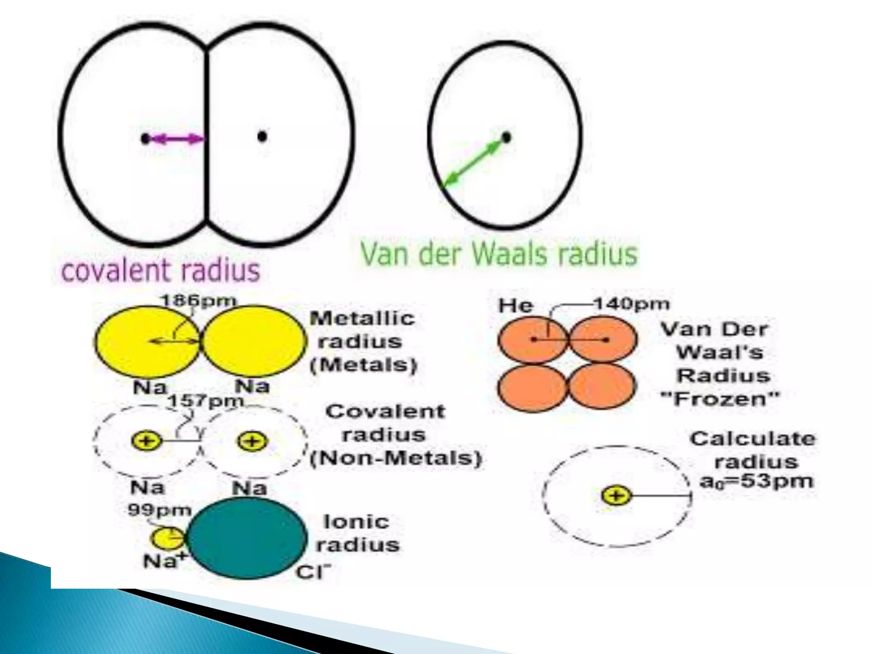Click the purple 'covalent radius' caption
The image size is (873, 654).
tap(161, 271)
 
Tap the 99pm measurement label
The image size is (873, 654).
tap(160, 510)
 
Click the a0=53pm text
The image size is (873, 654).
tap(757, 482)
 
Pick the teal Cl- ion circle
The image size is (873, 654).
tap(247, 538)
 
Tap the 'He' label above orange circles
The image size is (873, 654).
tap(516, 306)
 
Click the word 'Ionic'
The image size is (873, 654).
tap(356, 522)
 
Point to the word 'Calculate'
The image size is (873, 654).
tap(753, 439)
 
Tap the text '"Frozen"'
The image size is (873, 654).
tap(720, 399)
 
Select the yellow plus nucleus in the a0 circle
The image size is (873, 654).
tap(616, 496)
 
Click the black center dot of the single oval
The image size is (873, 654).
tap(506, 138)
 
